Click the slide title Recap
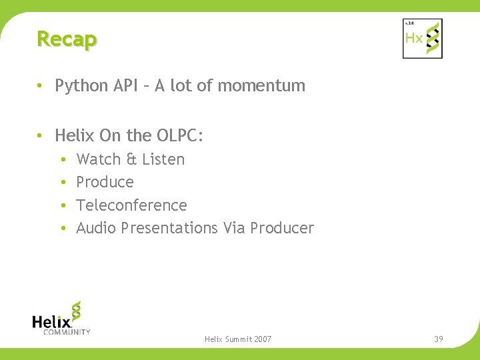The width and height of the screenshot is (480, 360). (67, 39)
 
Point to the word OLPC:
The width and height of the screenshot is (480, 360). (180, 135)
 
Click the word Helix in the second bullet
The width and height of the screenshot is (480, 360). (75, 135)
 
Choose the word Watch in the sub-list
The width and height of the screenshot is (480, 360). (98, 159)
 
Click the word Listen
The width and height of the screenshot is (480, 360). (163, 159)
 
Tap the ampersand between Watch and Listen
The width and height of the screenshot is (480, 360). (131, 159)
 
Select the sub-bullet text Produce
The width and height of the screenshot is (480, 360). (105, 182)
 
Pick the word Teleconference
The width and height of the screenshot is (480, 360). (131, 205)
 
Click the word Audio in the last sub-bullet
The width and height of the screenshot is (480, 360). (96, 228)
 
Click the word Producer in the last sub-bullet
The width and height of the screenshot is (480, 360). (282, 228)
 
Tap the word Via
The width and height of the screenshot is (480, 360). (234, 228)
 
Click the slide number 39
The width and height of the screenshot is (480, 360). (438, 339)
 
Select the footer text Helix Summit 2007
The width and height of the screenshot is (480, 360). (238, 339)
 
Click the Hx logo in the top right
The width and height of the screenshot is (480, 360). (422, 38)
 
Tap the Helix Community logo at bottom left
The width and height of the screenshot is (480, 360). (61, 317)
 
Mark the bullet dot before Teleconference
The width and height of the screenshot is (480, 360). (61, 205)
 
